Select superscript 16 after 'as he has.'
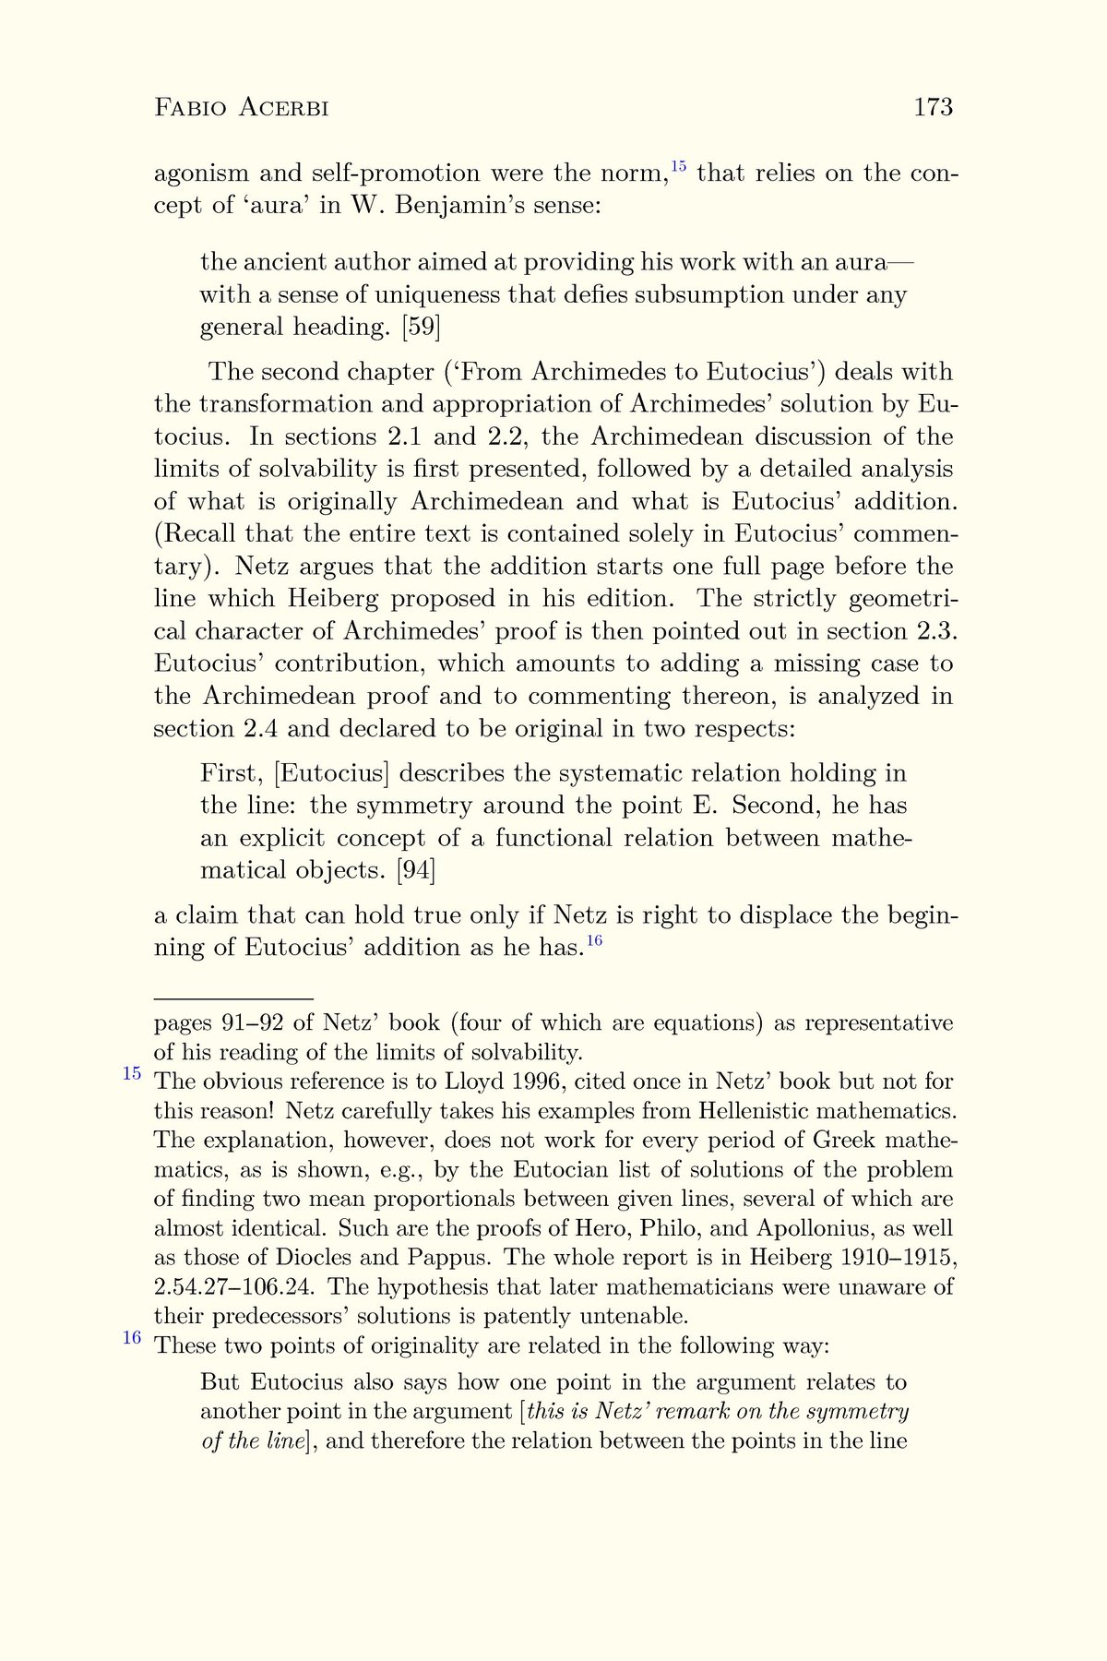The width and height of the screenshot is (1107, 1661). tap(594, 940)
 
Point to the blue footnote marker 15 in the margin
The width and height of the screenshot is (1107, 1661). tap(133, 1073)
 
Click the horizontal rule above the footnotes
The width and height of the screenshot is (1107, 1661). tap(233, 998)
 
